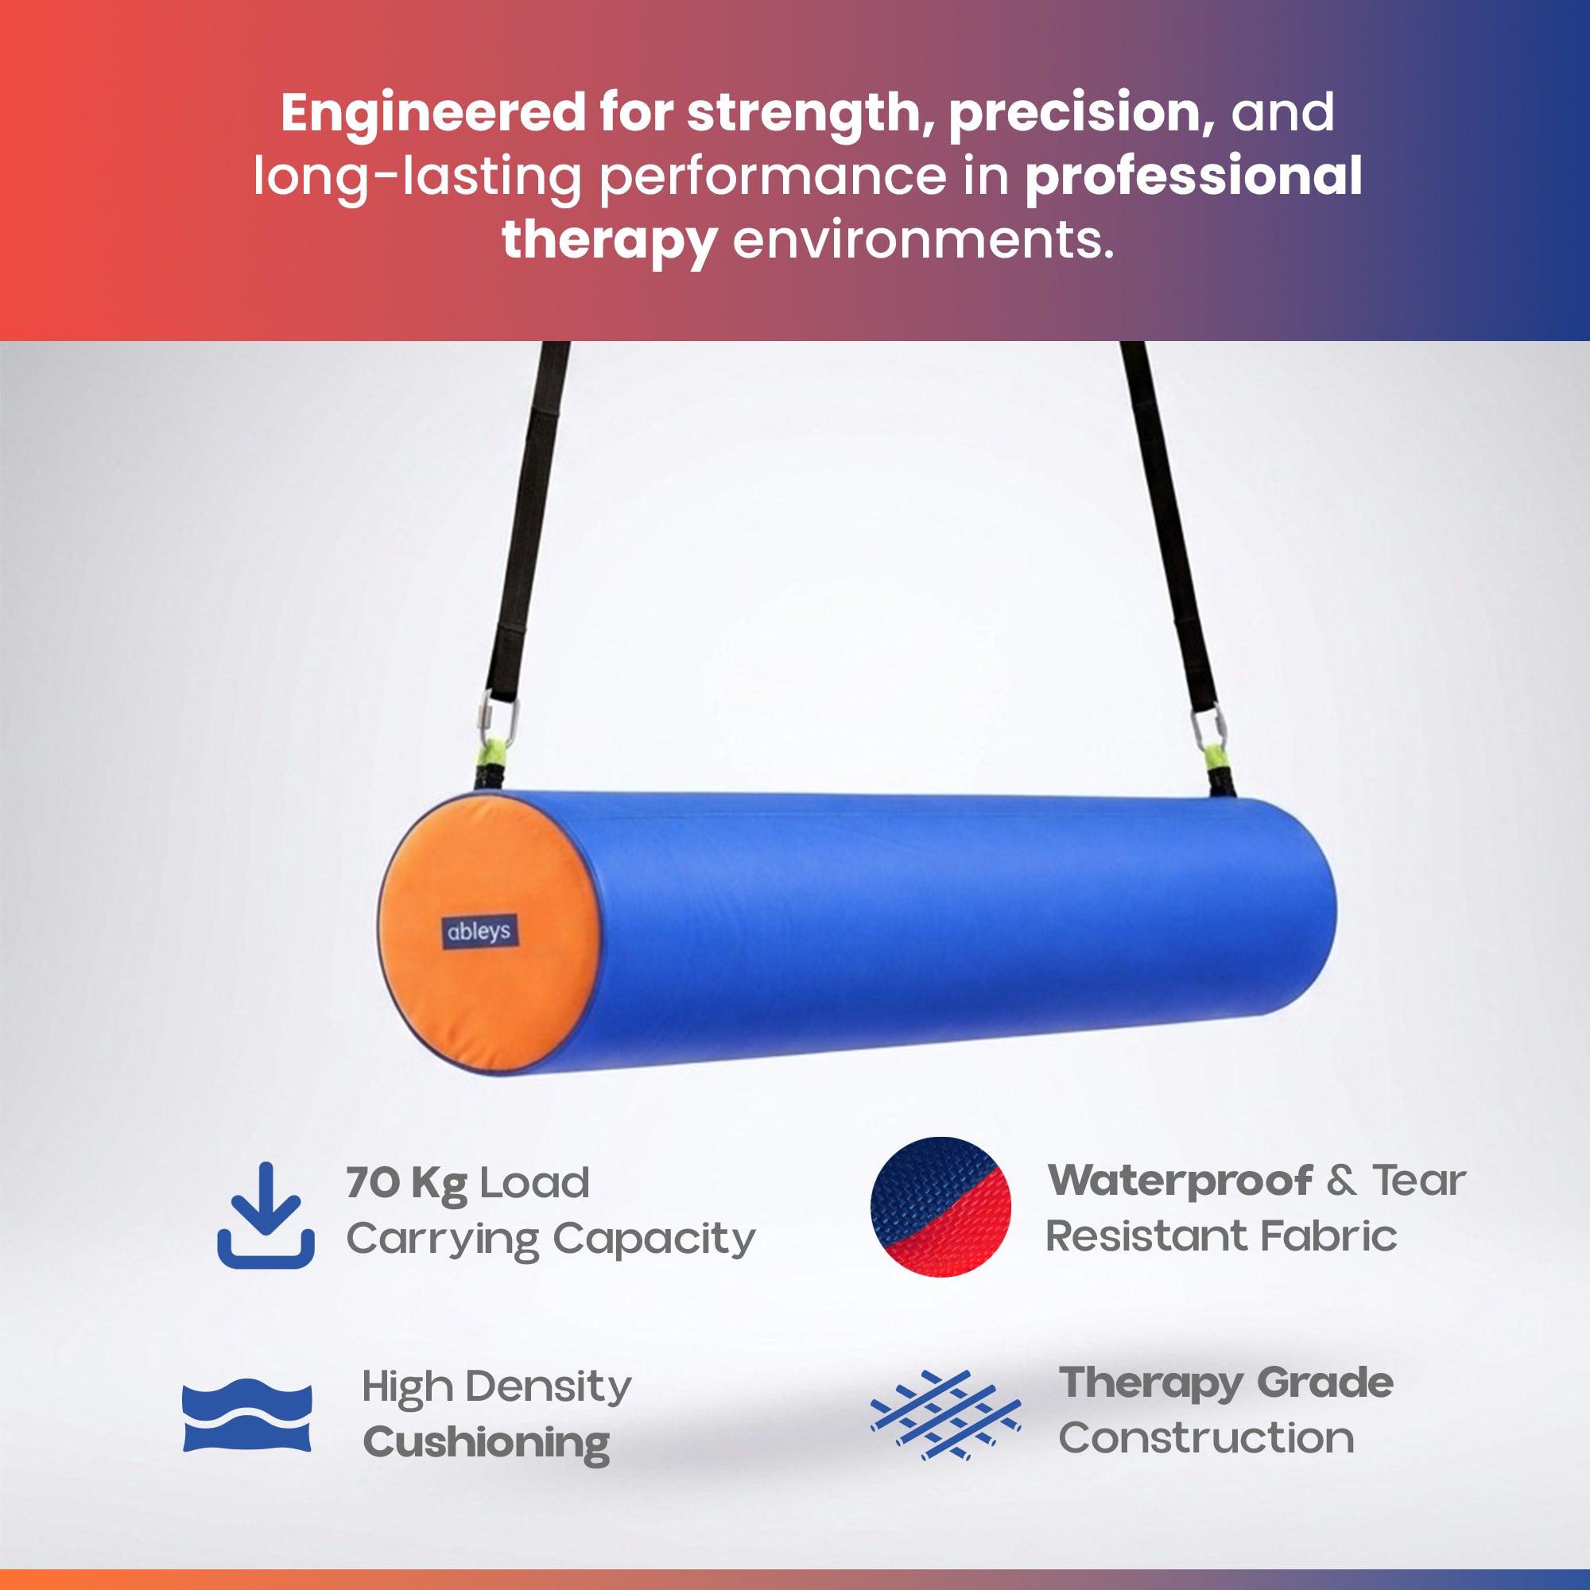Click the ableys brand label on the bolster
[481, 932]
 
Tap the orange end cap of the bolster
[491, 933]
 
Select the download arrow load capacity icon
[266, 1216]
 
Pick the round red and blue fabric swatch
[940, 1208]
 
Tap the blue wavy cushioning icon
[247, 1415]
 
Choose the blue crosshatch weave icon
[945, 1416]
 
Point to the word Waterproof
[1180, 1180]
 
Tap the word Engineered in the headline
[433, 112]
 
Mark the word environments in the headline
[923, 239]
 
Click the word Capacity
[653, 1239]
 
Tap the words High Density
[496, 1387]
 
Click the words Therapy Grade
[1226, 1383]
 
